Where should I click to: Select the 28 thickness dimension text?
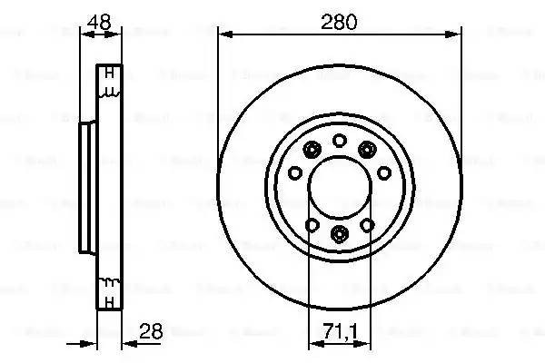pyautogui.click(x=152, y=333)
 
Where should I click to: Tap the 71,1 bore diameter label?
pyautogui.click(x=338, y=333)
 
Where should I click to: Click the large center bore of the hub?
pyautogui.click(x=338, y=188)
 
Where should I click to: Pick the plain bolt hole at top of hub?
pyautogui.click(x=339, y=139)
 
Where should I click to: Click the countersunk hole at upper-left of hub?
pyautogui.click(x=311, y=150)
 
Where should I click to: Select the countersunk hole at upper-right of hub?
pyautogui.click(x=367, y=150)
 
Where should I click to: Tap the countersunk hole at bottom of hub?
pyautogui.click(x=339, y=235)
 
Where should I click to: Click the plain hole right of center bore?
pyautogui.click(x=382, y=172)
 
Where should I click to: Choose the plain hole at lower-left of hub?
pyautogui.click(x=311, y=224)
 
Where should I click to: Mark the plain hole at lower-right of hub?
pyautogui.click(x=367, y=224)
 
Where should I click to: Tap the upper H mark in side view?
pyautogui.click(x=109, y=74)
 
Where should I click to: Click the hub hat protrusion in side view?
pyautogui.click(x=86, y=187)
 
